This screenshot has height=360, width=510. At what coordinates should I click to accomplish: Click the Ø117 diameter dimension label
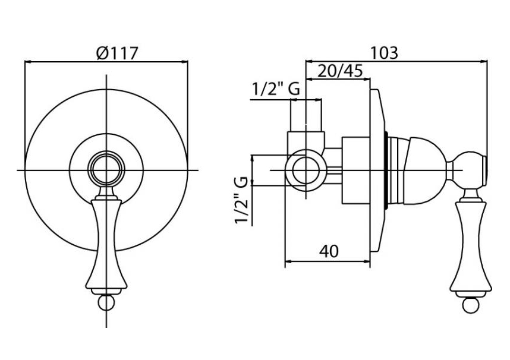(117, 53)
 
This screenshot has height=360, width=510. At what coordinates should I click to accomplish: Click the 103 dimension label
(384, 53)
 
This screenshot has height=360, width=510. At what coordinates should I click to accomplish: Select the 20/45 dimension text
(340, 71)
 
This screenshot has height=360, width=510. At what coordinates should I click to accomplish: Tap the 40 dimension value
(329, 251)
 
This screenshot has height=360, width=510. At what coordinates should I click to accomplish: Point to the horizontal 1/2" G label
(276, 89)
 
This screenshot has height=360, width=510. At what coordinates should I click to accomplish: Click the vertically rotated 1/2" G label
(242, 200)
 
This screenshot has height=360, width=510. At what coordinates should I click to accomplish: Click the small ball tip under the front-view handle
(106, 302)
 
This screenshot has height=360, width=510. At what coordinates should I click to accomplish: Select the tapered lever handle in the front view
(106, 244)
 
